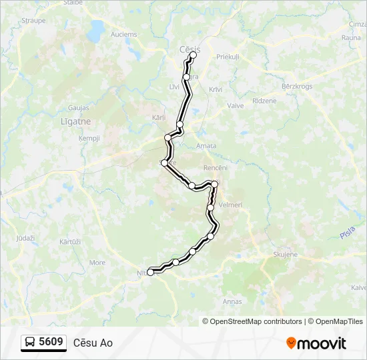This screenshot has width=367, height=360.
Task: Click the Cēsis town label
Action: (190, 49)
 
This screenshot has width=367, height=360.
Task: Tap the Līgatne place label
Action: (75, 121)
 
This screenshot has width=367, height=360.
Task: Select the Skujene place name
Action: (285, 255)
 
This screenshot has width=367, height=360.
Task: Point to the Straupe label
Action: (33, 21)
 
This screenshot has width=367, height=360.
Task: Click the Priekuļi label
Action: (228, 57)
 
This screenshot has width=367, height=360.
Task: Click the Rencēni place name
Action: (216, 167)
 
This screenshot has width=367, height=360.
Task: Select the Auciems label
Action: (124, 34)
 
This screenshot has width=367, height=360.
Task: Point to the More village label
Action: (97, 263)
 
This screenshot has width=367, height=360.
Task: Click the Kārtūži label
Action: (69, 241)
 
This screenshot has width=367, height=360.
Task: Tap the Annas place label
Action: (233, 301)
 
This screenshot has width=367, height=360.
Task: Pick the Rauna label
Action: (351, 38)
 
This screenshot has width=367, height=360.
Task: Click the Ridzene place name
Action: (264, 101)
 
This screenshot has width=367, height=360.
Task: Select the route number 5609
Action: (51, 342)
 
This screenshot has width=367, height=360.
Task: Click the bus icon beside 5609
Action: (31, 343)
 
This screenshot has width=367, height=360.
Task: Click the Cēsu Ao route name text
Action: (93, 343)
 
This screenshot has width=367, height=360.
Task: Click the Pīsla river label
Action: (346, 234)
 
